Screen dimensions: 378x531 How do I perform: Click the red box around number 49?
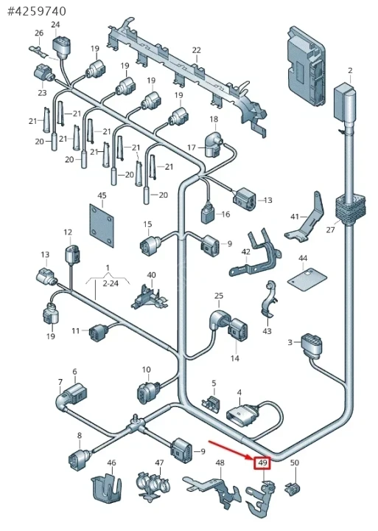(262, 462)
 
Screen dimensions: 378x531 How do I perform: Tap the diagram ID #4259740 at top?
(37, 11)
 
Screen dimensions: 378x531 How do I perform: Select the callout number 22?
(197, 50)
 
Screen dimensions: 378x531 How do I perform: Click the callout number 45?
(102, 195)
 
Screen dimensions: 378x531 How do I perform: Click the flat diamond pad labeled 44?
(307, 278)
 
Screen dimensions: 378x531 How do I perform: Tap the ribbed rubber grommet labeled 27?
(350, 208)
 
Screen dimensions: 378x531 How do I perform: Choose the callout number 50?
(295, 462)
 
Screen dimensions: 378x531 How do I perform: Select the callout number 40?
(151, 275)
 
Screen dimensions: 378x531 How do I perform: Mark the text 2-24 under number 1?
(111, 283)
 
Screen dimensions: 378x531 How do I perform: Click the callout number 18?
(214, 119)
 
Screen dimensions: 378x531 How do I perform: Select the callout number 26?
(39, 33)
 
